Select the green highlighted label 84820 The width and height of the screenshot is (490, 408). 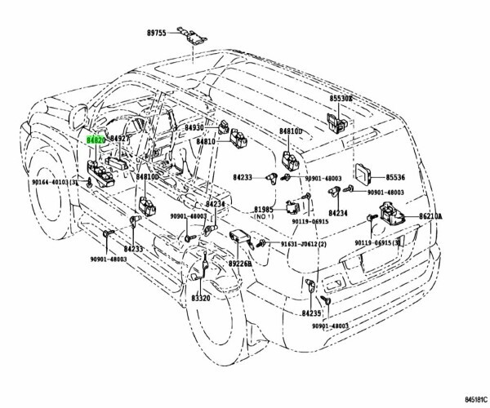pyautogui.click(x=96, y=140)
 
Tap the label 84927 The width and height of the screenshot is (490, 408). pyautogui.click(x=120, y=140)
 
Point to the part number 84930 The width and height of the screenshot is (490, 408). pyautogui.click(x=194, y=128)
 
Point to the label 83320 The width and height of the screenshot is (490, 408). pyautogui.click(x=202, y=299)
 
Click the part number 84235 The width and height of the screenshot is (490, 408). pyautogui.click(x=312, y=313)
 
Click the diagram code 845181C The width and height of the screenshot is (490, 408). pyautogui.click(x=466, y=400)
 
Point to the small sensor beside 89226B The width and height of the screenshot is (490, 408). pyautogui.click(x=240, y=237)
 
